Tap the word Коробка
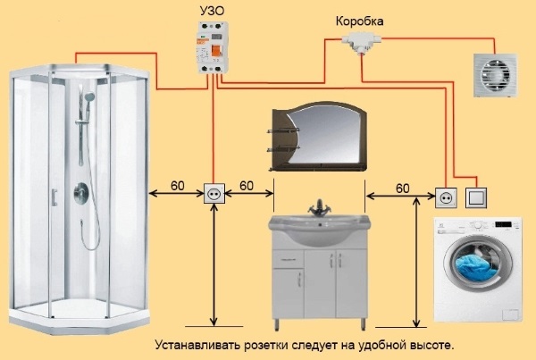coord(361,19)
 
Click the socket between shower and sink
coord(214,193)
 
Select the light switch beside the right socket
coord(478,195)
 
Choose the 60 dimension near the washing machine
coord(401,188)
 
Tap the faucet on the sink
coord(317,209)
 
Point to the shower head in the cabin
coord(89,93)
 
